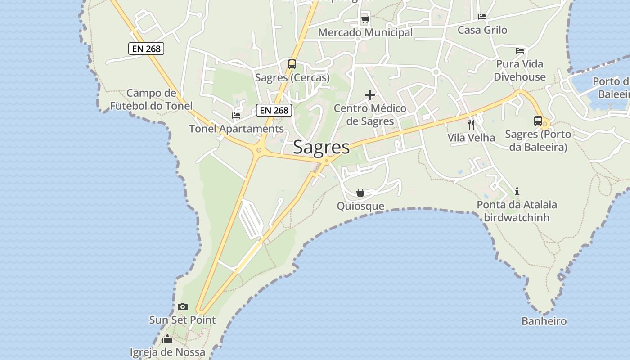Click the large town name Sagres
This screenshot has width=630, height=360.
point(321,148)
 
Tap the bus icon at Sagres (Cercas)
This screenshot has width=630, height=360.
point(292,64)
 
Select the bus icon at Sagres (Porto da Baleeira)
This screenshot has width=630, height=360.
point(538,121)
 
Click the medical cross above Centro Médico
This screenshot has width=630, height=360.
point(370,95)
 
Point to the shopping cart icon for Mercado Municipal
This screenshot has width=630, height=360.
point(365,20)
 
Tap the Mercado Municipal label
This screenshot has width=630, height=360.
point(365,32)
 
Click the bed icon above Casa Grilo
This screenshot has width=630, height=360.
point(482,17)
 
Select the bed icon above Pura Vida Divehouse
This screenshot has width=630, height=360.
point(520,51)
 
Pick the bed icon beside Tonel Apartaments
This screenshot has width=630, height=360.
point(236,116)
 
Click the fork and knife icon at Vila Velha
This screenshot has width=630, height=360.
point(471,124)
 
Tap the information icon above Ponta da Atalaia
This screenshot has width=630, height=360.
point(517,191)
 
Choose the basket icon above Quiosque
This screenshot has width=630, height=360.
point(360,193)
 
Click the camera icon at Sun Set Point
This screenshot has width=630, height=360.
point(183,307)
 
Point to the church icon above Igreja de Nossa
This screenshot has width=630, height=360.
point(167,339)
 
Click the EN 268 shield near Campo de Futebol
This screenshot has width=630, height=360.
point(146,49)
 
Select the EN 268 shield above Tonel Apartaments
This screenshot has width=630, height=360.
point(274,110)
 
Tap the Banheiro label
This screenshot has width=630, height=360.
point(544,321)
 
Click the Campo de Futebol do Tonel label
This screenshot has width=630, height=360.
point(151,99)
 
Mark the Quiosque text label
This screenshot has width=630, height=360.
point(360,206)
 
